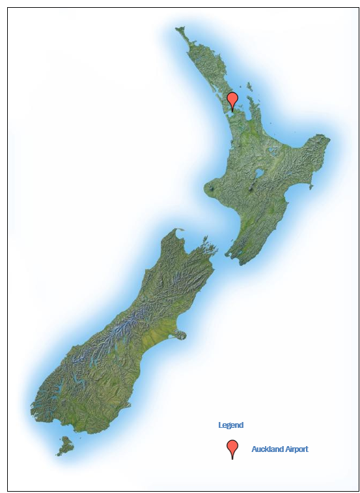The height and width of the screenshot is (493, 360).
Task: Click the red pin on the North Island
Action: [232, 100]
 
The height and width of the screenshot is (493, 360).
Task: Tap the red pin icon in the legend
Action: [232, 448]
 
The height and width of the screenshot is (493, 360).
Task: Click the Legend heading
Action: [230, 425]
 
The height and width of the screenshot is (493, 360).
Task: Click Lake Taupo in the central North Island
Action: [259, 174]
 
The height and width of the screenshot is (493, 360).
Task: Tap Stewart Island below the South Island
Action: [65, 446]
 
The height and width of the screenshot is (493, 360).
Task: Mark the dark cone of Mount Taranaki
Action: [212, 190]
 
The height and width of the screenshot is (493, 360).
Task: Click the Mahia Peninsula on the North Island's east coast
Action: [311, 188]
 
